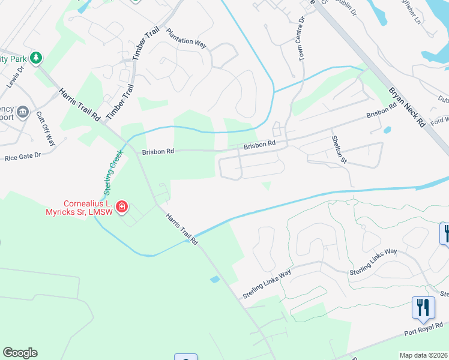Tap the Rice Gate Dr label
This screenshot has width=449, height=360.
point(22,155)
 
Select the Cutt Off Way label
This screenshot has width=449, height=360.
point(46,128)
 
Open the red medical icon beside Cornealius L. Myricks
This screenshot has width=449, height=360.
point(121,207)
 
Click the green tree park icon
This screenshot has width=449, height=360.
point(37,58)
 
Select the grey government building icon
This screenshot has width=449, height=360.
point(23,111)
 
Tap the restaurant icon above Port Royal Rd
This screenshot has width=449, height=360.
point(423,307)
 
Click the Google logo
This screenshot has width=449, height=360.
point(20,352)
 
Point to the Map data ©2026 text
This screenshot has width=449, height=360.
point(423,355)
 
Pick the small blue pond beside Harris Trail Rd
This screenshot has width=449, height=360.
point(215,279)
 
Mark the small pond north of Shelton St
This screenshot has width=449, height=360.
point(387,130)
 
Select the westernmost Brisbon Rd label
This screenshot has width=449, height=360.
point(158,152)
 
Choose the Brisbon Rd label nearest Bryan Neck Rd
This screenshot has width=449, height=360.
point(382,110)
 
